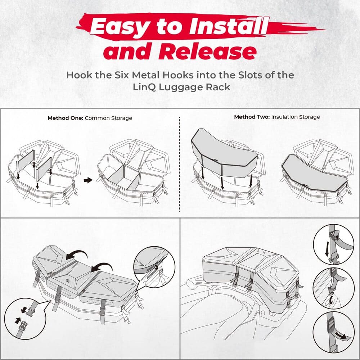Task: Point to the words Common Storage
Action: coord(108,118)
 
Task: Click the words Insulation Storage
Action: coord(295,117)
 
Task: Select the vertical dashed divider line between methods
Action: coord(179,166)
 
